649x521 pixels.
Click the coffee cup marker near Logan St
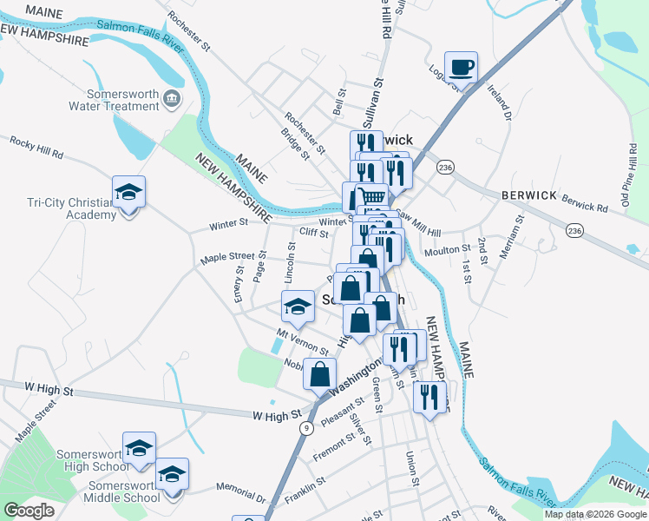(x=462, y=67)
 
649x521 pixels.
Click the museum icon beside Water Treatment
(x=172, y=99)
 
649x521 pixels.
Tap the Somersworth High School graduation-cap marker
(x=139, y=448)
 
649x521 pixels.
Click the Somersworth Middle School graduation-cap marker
(x=172, y=474)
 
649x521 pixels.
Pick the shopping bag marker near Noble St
(x=319, y=374)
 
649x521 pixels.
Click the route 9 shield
(x=306, y=428)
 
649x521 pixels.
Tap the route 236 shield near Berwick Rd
(x=574, y=230)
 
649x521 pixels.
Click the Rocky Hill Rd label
(x=36, y=146)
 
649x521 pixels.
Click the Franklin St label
(x=305, y=487)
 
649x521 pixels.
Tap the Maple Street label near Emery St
(x=227, y=257)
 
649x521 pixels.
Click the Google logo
(x=29, y=511)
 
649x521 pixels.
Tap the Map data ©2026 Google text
(x=595, y=514)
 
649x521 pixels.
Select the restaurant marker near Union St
(x=429, y=397)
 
